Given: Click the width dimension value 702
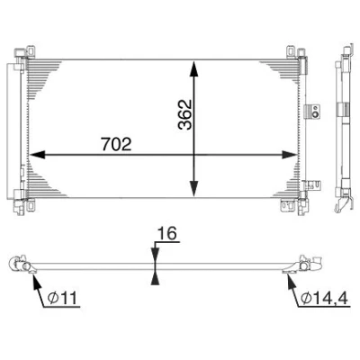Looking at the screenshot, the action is pos(117,144).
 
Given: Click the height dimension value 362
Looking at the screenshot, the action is pos(184,114).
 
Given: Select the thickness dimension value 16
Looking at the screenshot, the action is pos(167,233).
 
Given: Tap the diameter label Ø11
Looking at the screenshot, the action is pos(63,298).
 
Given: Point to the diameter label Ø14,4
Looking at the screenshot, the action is pos(324,298).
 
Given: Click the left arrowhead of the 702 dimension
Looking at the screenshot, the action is pos(37,155).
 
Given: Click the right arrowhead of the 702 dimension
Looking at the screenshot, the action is pos(290,155).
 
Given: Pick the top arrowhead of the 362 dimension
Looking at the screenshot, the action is pos(194,69).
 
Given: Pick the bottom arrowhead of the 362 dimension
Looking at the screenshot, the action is pos(194,189).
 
